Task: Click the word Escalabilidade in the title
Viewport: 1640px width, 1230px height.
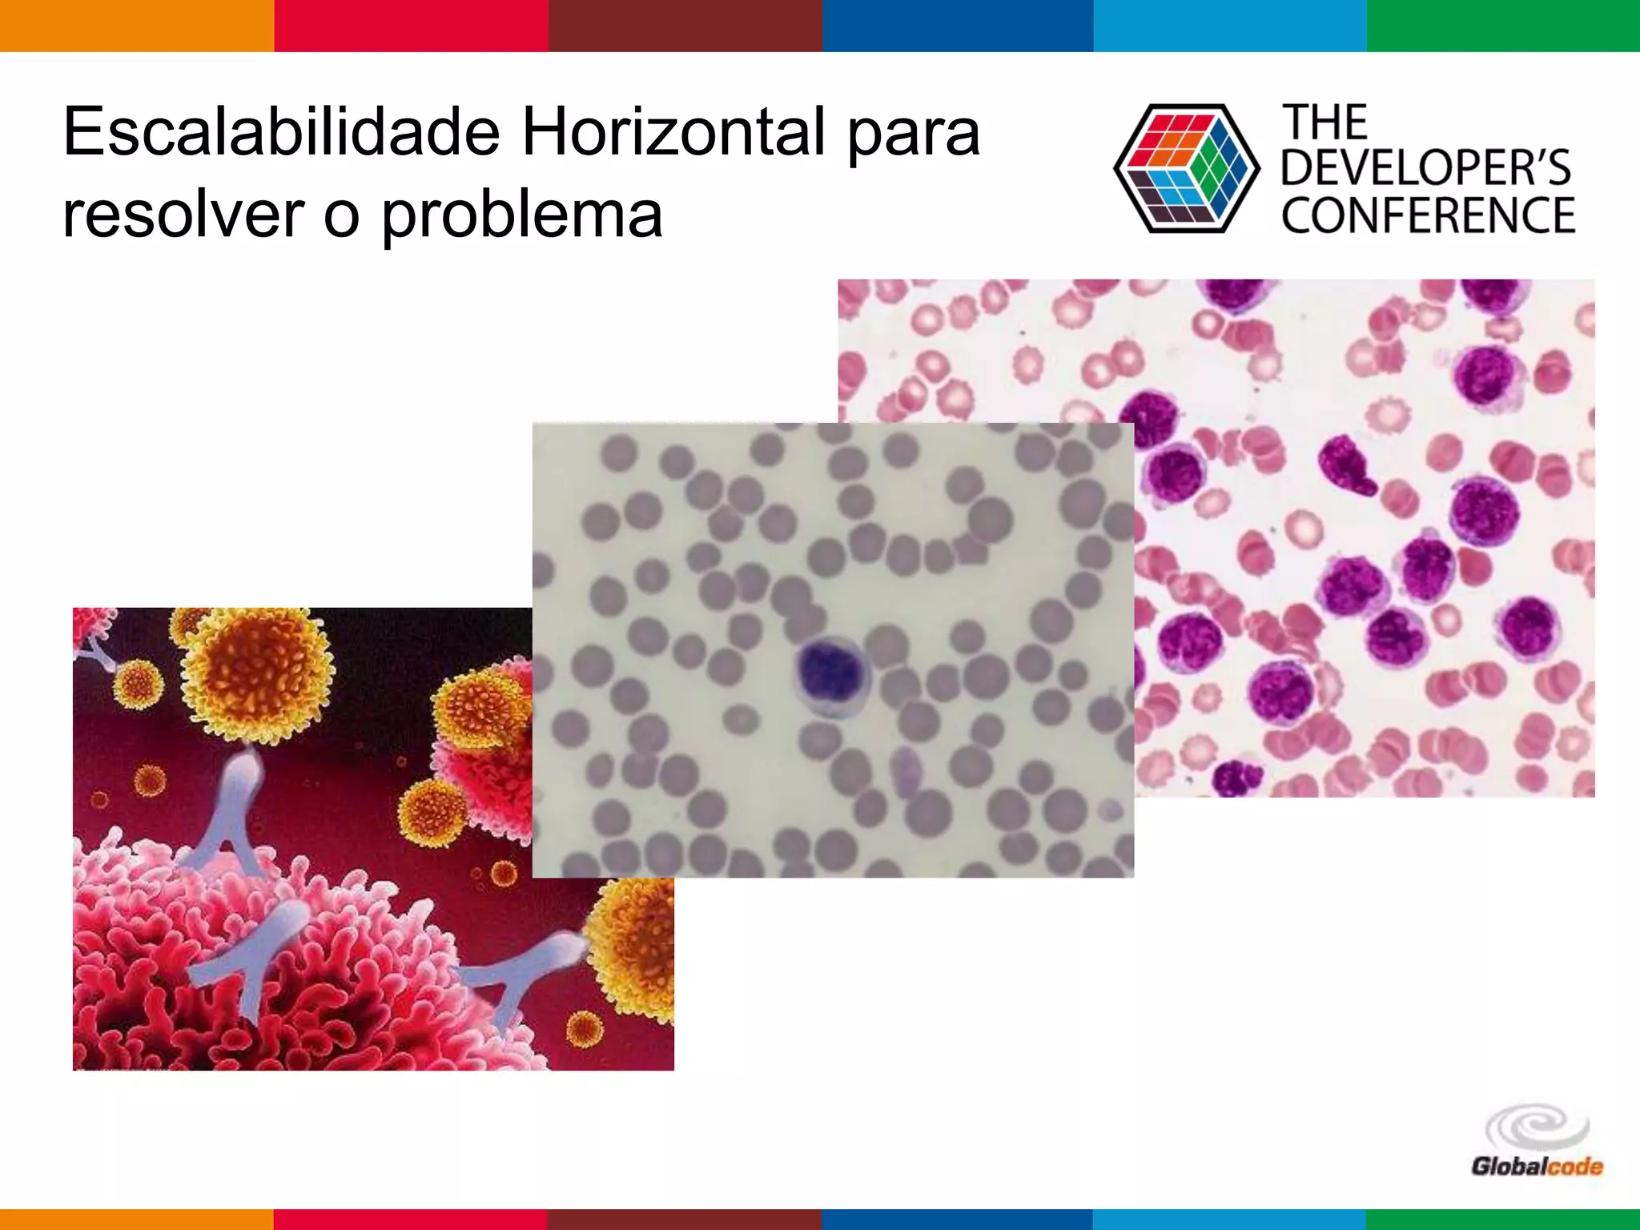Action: tap(282, 132)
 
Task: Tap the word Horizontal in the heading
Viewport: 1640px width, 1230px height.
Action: tap(673, 132)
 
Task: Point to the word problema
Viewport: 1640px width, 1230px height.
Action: tap(521, 216)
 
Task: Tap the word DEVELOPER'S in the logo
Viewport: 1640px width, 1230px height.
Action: tap(1426, 168)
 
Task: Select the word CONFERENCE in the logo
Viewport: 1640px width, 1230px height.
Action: tap(1428, 215)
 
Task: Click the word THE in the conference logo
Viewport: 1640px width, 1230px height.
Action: tap(1325, 123)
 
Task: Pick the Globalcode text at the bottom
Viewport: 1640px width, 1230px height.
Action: tap(1536, 1167)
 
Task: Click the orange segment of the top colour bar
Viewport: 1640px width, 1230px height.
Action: tap(137, 26)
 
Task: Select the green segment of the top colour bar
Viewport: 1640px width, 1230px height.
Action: tap(1503, 26)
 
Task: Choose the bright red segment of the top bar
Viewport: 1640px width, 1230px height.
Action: tap(411, 26)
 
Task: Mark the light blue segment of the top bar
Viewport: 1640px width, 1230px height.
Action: tap(1230, 26)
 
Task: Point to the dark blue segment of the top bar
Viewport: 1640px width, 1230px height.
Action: tap(958, 26)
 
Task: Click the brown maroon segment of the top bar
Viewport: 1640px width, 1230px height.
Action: tap(685, 26)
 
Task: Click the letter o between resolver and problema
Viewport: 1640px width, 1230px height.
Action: tap(341, 218)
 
